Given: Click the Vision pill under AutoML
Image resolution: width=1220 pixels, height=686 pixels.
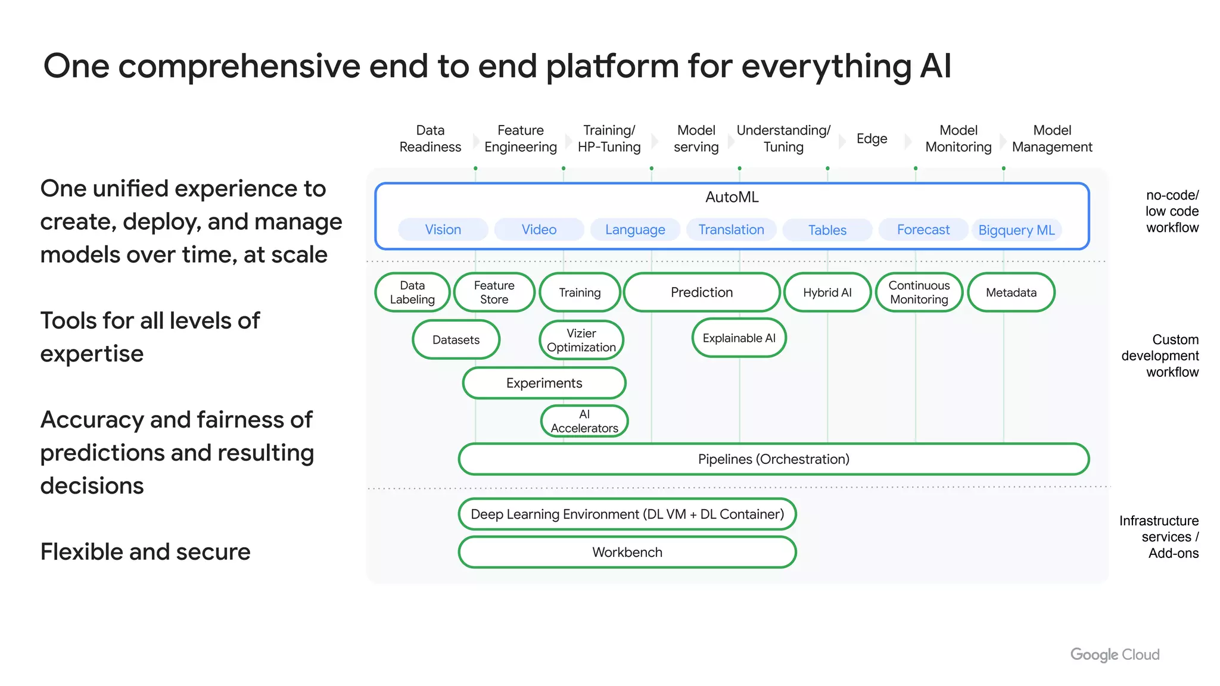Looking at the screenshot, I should (x=443, y=230).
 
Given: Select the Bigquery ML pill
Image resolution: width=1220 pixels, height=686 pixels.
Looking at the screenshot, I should (x=1016, y=230).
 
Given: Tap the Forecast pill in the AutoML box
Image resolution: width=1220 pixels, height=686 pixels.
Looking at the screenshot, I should (x=923, y=230).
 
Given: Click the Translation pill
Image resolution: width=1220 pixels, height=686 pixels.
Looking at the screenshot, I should (x=731, y=230).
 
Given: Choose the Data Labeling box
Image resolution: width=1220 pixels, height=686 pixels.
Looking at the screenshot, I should (x=412, y=292).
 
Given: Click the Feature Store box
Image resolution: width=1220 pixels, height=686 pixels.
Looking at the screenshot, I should (x=494, y=292).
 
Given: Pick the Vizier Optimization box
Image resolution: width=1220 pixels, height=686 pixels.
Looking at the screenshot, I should (x=581, y=340).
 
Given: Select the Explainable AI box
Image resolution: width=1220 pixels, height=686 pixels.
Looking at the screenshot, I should (x=739, y=338).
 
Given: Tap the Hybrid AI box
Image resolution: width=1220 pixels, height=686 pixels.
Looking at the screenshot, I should (x=827, y=292).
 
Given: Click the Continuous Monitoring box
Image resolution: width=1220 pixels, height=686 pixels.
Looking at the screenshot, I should (x=919, y=292).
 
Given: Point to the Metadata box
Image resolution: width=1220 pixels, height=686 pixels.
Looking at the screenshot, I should (x=1011, y=292).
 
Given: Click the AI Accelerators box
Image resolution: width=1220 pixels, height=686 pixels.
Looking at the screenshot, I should (x=584, y=421).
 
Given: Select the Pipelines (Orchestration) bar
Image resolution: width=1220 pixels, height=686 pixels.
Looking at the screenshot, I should (x=773, y=459).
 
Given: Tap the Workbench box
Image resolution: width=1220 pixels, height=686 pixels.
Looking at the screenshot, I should (x=627, y=552).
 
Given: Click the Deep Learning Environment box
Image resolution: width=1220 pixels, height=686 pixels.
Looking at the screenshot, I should (x=627, y=514).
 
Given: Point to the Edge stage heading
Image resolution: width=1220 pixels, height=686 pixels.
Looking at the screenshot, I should (x=872, y=139).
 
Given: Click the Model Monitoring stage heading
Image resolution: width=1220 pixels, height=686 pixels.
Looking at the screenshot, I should (x=958, y=139).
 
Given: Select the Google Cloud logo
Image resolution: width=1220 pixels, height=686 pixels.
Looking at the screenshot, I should (x=1115, y=654).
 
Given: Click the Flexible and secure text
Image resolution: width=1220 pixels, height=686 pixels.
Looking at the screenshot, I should (x=145, y=552).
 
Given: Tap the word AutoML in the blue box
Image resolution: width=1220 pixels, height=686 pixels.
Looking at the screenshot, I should (x=732, y=197).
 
